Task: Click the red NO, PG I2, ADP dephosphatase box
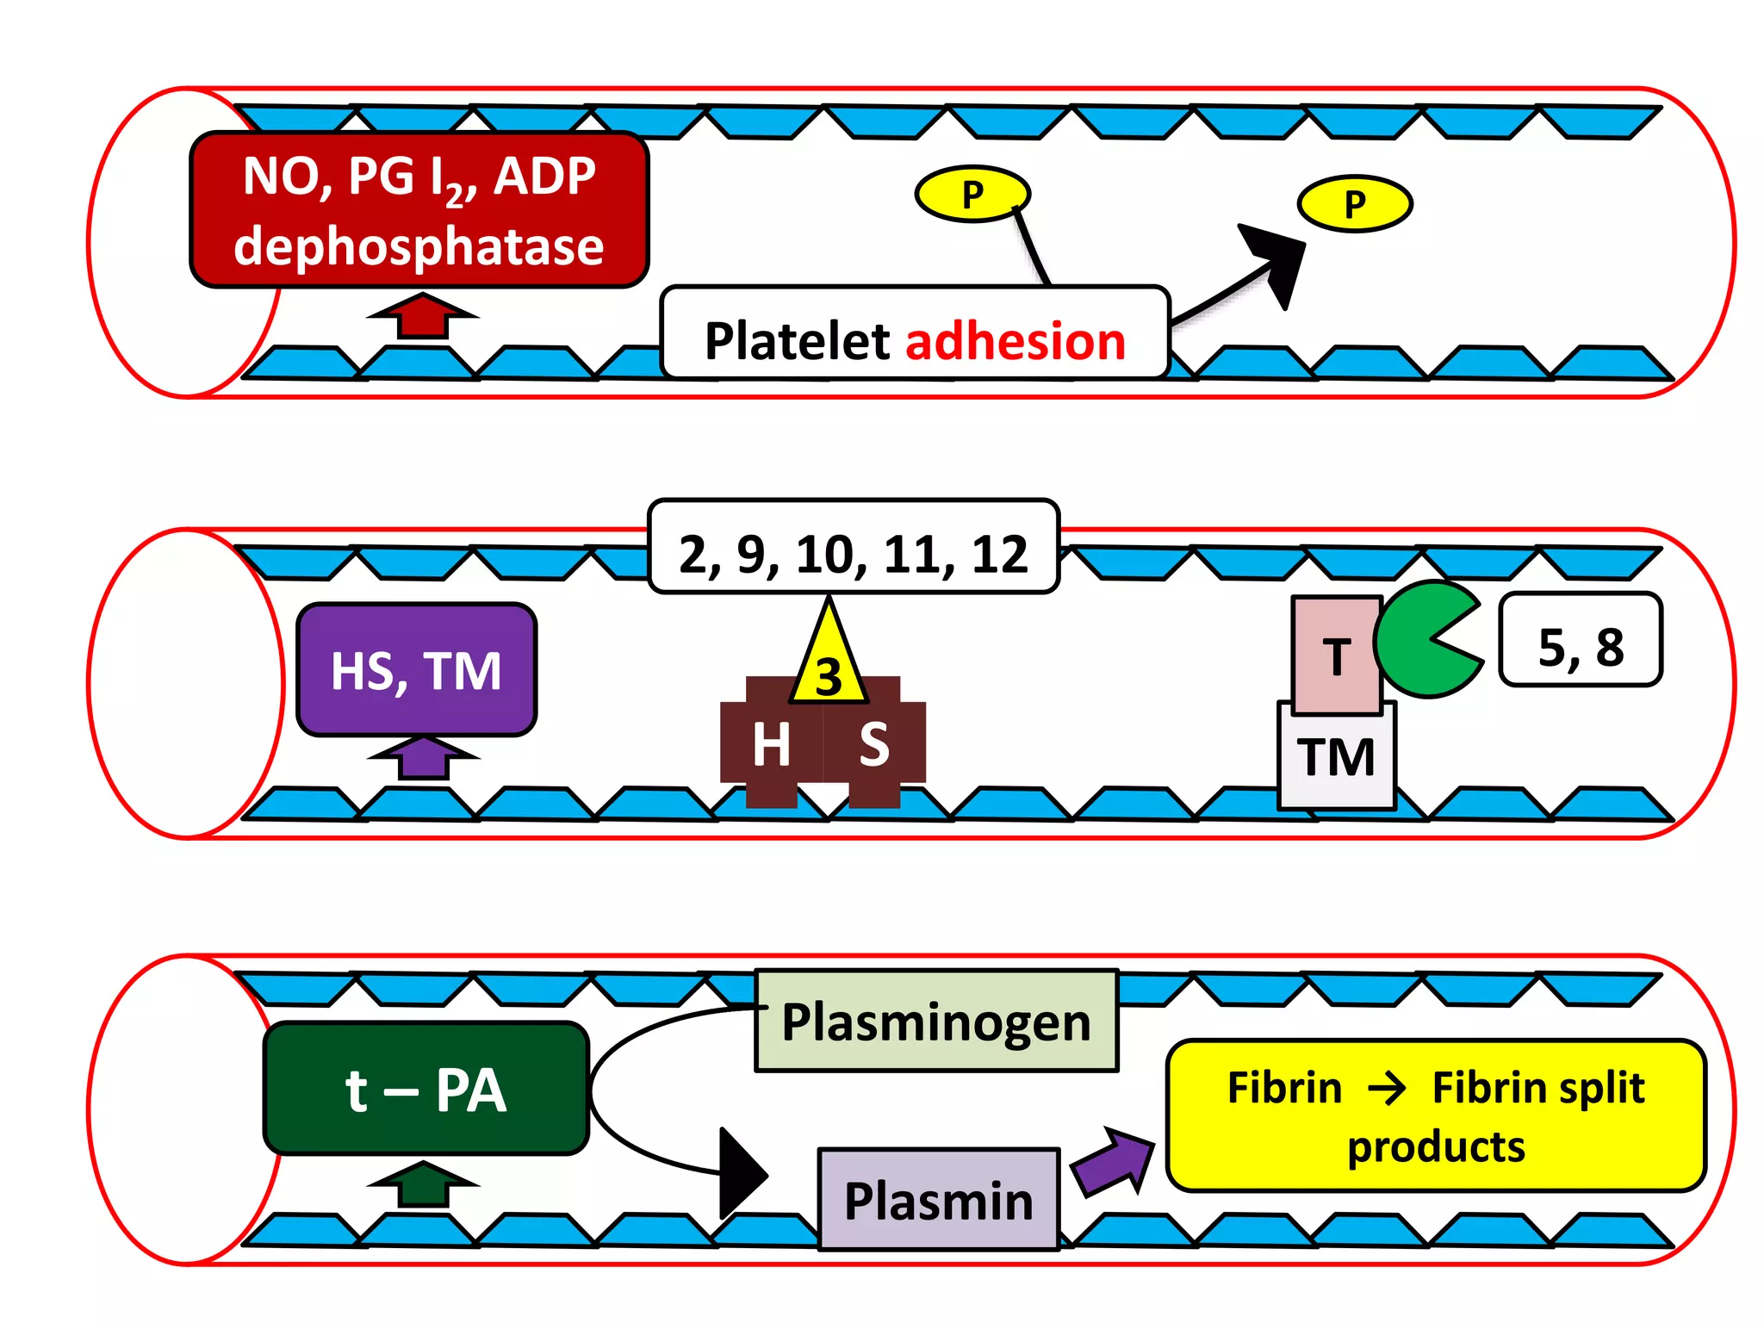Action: click(419, 209)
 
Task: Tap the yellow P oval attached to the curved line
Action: click(972, 194)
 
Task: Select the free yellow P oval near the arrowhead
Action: click(1354, 204)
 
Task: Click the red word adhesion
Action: click(1016, 341)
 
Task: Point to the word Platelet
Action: click(797, 341)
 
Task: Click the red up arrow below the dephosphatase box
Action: click(422, 315)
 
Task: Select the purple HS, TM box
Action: click(417, 670)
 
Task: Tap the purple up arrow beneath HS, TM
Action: click(423, 758)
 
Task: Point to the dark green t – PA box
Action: click(425, 1089)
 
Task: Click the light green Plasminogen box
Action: click(936, 1022)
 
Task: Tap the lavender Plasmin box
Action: click(938, 1200)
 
